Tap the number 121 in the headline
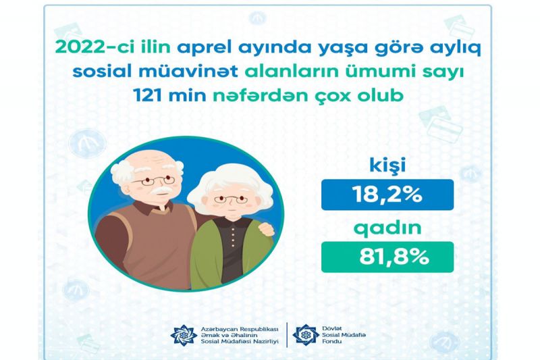148,95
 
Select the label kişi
387,164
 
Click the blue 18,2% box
387,195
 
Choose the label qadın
387,228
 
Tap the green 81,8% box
387,257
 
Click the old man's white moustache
161,190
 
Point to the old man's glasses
154,180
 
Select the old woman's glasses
230,199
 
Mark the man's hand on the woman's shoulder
266,229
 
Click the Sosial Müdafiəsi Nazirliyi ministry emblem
184,335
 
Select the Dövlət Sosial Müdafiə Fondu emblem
306,334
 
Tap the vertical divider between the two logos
287,335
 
